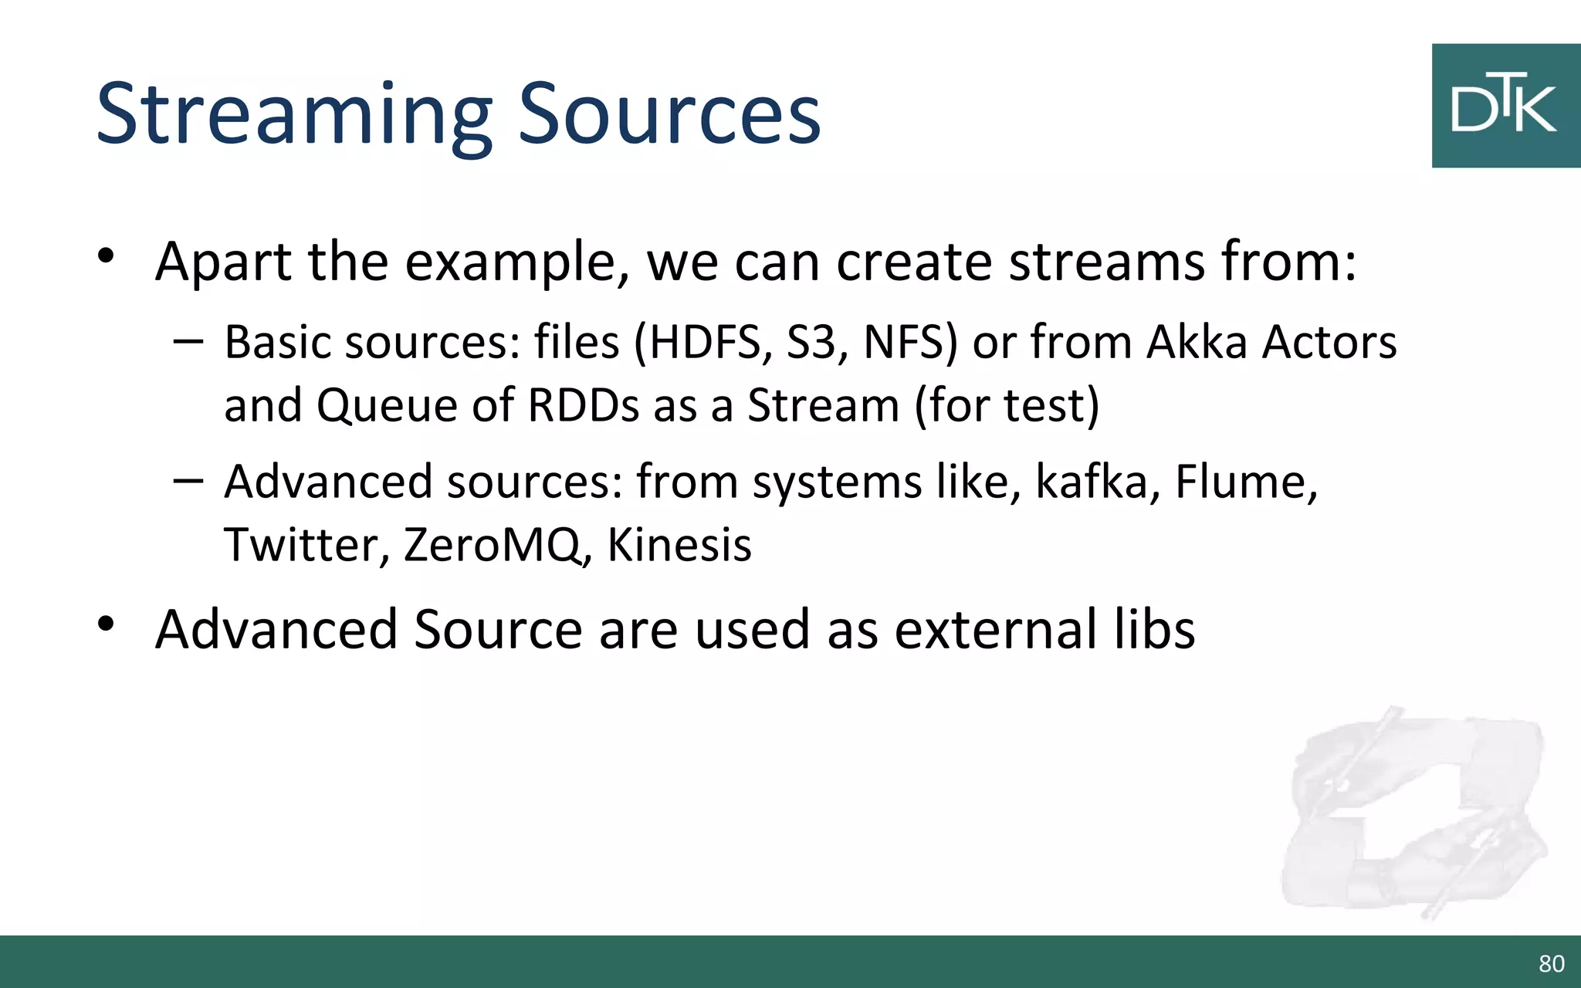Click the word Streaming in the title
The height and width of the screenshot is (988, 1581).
click(293, 116)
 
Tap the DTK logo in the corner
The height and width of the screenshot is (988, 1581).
click(1505, 106)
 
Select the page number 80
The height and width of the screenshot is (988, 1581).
click(1551, 963)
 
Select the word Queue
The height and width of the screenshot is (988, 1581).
click(387, 405)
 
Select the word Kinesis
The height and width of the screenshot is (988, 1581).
click(679, 545)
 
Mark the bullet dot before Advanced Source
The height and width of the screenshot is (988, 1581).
click(107, 624)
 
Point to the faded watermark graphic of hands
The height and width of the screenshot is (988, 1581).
click(1413, 810)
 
